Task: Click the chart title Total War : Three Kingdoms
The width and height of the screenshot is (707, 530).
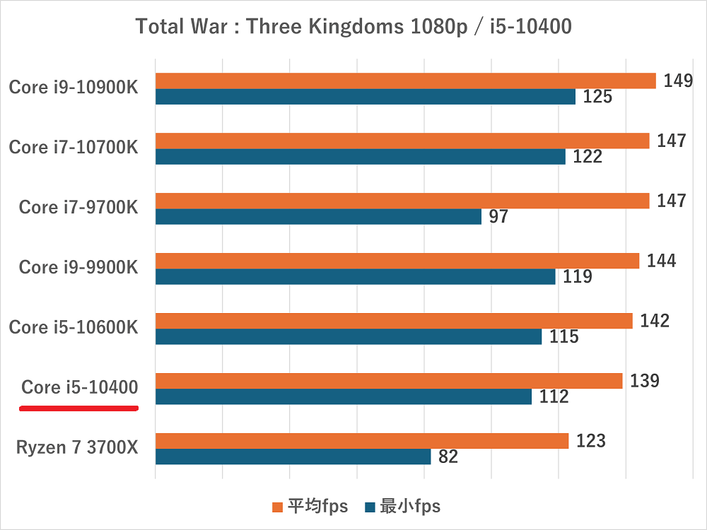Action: click(353, 27)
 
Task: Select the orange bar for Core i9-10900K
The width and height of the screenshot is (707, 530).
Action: click(405, 81)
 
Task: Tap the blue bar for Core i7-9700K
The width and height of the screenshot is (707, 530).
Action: click(318, 216)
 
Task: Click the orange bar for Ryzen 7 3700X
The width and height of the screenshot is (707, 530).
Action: click(361, 441)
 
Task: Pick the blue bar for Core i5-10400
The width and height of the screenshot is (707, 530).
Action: click(343, 396)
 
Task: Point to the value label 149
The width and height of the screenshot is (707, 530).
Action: click(677, 81)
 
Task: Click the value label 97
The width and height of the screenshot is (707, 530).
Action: click(498, 216)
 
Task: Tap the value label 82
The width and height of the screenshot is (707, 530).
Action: click(448, 457)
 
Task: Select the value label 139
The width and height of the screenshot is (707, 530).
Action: click(644, 381)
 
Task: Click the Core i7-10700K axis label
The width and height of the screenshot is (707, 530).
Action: click(73, 148)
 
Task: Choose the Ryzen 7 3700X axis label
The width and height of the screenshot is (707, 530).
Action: click(76, 448)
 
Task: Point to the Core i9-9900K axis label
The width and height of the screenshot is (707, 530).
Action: click(78, 268)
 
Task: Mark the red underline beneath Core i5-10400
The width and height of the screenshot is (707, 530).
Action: click(78, 408)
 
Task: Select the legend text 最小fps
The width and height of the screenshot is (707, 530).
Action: click(409, 506)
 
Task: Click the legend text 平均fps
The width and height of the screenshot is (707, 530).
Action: click(317, 506)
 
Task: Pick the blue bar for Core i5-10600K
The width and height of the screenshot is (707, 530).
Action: click(348, 336)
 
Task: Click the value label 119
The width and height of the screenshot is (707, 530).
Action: click(578, 276)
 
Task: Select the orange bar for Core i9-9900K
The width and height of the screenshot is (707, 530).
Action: click(397, 261)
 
